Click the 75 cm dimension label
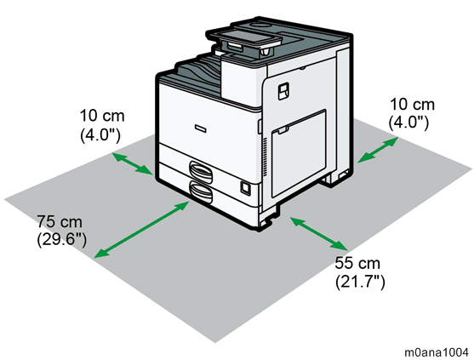pos(60,221)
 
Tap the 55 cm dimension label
pos(357,263)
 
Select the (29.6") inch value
pos(61,240)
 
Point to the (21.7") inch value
pos(360,282)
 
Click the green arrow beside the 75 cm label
pos(142,230)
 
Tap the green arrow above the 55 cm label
pos(318,233)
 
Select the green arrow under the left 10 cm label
pos(133,163)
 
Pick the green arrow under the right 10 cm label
pos(378,150)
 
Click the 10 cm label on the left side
pos(102,116)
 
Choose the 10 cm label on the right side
pos(412,105)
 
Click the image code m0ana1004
pos(437,352)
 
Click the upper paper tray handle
pos(201,172)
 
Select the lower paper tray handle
pos(201,192)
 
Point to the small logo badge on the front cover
pos(201,129)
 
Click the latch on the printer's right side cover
pos(283,91)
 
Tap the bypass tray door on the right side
pos(299,153)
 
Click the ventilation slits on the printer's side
pos(266,157)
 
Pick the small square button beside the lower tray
pos(245,188)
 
